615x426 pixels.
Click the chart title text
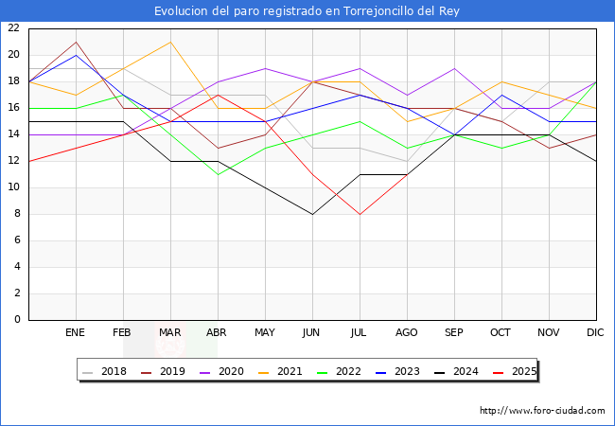click(x=307, y=10)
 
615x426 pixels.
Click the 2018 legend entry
click(x=108, y=371)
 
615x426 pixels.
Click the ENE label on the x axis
click(x=76, y=333)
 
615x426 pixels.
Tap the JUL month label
click(x=360, y=333)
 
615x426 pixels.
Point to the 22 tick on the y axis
click(x=13, y=28)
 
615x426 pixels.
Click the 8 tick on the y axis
click(x=16, y=214)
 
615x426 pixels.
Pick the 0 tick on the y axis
click(x=16, y=320)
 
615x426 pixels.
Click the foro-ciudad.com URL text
click(x=542, y=411)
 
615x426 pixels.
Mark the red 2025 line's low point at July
click(x=360, y=214)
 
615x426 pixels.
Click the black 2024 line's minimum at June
click(x=312, y=214)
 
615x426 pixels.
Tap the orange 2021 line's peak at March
click(x=170, y=42)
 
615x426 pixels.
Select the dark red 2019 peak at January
click(x=76, y=42)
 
